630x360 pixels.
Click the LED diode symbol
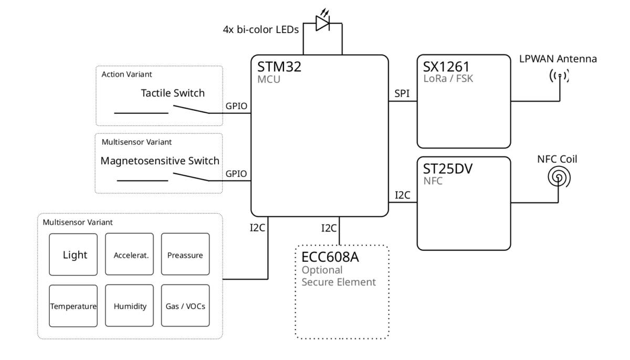322,23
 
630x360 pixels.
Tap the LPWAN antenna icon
560,76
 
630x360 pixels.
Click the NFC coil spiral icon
559,177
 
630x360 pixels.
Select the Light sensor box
73,255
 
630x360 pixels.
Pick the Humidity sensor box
129,305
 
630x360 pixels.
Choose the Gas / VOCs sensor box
185,305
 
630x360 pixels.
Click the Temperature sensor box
73,306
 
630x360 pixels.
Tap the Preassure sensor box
185,254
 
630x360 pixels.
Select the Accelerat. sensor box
129,254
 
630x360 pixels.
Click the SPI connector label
402,93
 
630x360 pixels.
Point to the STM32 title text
279,67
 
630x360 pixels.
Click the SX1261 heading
446,67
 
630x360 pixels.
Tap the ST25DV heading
448,169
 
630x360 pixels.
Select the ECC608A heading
330,257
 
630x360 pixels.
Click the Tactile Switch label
173,93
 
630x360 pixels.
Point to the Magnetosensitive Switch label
160,161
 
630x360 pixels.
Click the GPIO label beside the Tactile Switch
236,106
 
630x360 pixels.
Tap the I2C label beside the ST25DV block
403,195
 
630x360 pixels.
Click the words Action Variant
127,74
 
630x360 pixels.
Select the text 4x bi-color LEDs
261,29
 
